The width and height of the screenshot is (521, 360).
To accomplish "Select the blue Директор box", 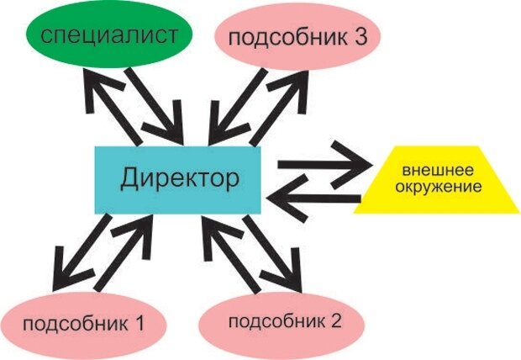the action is click(178, 178).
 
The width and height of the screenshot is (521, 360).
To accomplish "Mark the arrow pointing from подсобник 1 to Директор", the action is click(126, 252).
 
